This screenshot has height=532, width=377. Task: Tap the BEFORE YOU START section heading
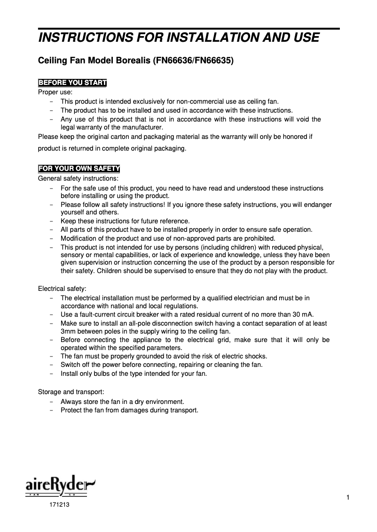pos(72,84)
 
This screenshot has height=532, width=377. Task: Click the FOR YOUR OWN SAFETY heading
pos(79,168)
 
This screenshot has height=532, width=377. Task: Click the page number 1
pos(346,497)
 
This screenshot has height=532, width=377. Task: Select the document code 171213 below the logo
pos(58,506)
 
